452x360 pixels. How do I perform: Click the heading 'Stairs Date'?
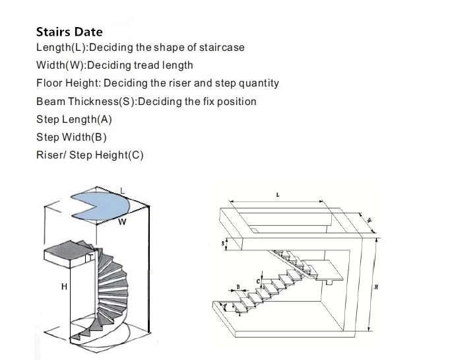coord(69,32)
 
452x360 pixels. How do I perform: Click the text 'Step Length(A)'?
coord(74,120)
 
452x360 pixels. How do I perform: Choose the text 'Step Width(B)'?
coord(71,137)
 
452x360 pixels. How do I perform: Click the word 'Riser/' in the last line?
coord(51,155)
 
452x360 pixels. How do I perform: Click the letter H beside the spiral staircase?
coord(64,286)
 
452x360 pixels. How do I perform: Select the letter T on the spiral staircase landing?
coord(89,258)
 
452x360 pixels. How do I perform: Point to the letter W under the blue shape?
coord(122,223)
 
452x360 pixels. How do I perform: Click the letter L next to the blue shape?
coord(123,190)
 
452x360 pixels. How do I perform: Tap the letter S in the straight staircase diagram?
coord(223,243)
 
